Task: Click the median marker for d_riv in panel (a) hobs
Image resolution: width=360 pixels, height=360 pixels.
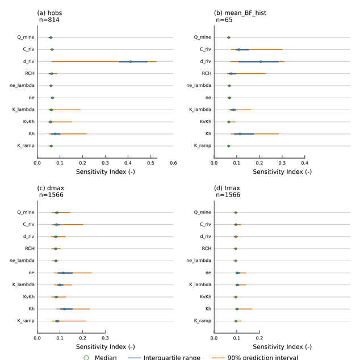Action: pyautogui.click(x=131, y=61)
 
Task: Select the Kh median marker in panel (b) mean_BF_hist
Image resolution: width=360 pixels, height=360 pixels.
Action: pyautogui.click(x=240, y=134)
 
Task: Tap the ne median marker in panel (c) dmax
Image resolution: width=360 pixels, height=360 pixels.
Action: pyautogui.click(x=63, y=273)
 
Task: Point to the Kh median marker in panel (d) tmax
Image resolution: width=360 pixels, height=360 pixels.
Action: pyautogui.click(x=237, y=309)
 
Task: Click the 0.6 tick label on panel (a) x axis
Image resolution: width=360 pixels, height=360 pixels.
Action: pyautogui.click(x=173, y=162)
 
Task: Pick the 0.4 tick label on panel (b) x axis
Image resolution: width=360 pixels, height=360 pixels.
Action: pyautogui.click(x=304, y=162)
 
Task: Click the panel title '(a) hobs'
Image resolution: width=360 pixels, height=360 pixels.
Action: pyautogui.click(x=49, y=12)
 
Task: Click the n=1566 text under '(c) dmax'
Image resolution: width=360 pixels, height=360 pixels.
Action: pyautogui.click(x=51, y=195)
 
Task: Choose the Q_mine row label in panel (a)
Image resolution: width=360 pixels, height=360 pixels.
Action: pyautogui.click(x=26, y=37)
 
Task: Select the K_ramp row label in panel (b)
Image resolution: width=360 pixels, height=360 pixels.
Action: pyautogui.click(x=203, y=146)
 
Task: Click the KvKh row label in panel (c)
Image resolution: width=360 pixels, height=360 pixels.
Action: pyautogui.click(x=27, y=297)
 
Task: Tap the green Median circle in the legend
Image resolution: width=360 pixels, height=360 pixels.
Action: pyautogui.click(x=86, y=357)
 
